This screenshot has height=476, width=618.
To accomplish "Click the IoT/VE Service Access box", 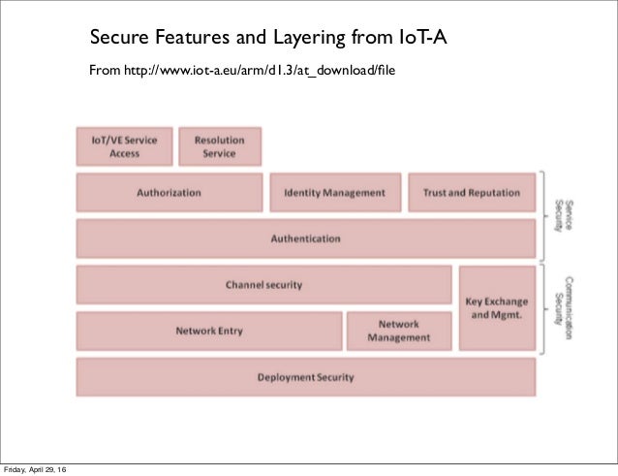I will tap(124, 146).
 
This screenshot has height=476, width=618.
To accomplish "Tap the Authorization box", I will tap(169, 192).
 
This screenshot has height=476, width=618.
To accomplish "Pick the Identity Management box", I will tap(334, 192).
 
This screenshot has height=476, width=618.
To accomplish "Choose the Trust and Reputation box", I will tap(471, 192).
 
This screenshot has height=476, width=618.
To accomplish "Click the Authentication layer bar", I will tap(305, 238).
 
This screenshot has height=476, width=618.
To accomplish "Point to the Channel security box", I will tap(263, 285).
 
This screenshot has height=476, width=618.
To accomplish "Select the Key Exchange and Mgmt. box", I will tap(497, 307).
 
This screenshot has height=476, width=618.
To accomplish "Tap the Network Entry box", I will tap(208, 331).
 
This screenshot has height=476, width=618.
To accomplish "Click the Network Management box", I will tap(398, 331).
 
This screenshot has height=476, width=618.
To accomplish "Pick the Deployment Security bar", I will tap(305, 377).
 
